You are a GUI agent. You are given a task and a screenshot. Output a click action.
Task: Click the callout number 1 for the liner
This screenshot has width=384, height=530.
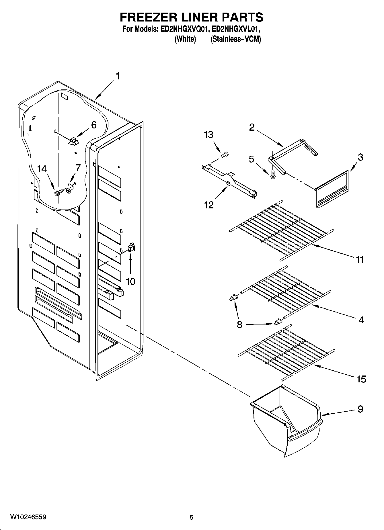click(x=117, y=76)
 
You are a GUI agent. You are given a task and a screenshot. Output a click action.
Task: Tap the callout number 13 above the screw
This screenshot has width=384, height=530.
click(x=208, y=135)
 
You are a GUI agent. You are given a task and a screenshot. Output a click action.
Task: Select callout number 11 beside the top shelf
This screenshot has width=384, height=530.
click(x=360, y=260)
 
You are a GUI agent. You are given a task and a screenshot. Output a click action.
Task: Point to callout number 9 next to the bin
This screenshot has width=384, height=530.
click(x=360, y=409)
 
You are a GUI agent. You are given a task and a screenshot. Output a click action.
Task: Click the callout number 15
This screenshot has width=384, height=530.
click(x=361, y=379)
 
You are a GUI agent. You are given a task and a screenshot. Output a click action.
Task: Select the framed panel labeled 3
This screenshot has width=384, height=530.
click(x=332, y=189)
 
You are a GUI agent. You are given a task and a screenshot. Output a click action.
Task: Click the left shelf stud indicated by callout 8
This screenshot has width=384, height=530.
click(x=233, y=298)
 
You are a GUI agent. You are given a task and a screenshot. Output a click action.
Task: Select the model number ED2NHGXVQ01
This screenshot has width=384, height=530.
click(x=181, y=29)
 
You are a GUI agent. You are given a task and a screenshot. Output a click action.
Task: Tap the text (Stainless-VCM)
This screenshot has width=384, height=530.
click(x=236, y=39)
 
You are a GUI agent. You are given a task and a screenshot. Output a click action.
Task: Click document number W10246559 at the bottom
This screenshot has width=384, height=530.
click(x=28, y=517)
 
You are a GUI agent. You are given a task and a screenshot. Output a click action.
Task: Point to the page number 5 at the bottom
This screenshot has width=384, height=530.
click(x=192, y=517)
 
